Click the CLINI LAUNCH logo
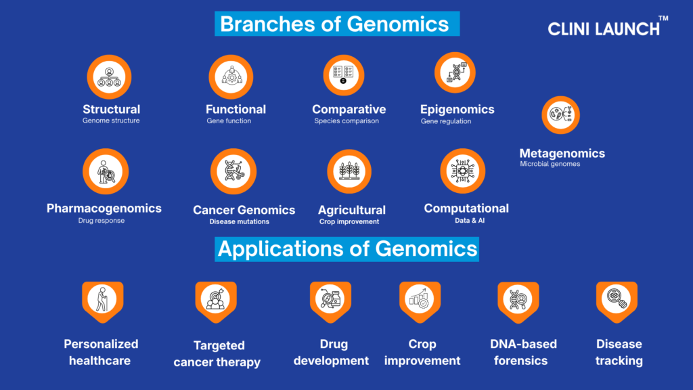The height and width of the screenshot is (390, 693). tap(608, 26)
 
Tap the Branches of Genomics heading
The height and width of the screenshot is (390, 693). tap(337, 24)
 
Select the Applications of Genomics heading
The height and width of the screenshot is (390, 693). tap(347, 249)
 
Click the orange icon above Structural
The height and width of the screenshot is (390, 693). tap(109, 77)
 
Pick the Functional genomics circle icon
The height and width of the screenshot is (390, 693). tap(231, 77)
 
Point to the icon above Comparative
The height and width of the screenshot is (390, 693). tap(343, 75)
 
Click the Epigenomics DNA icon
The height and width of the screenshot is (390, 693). tap(455, 72)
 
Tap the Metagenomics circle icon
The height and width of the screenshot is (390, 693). tap(561, 115)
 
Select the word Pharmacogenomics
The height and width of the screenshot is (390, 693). tap(104, 209)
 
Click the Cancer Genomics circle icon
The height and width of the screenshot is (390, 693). tap(233, 171)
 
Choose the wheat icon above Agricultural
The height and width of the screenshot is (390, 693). tap(349, 171)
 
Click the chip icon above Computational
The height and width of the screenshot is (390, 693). tap(463, 171)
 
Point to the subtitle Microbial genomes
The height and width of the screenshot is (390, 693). tap(550, 164)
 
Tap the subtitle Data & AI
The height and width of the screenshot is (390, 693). tap(470, 220)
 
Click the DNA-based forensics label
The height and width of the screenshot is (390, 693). tap(523, 352)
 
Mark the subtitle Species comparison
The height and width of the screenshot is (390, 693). tap(346, 121)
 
